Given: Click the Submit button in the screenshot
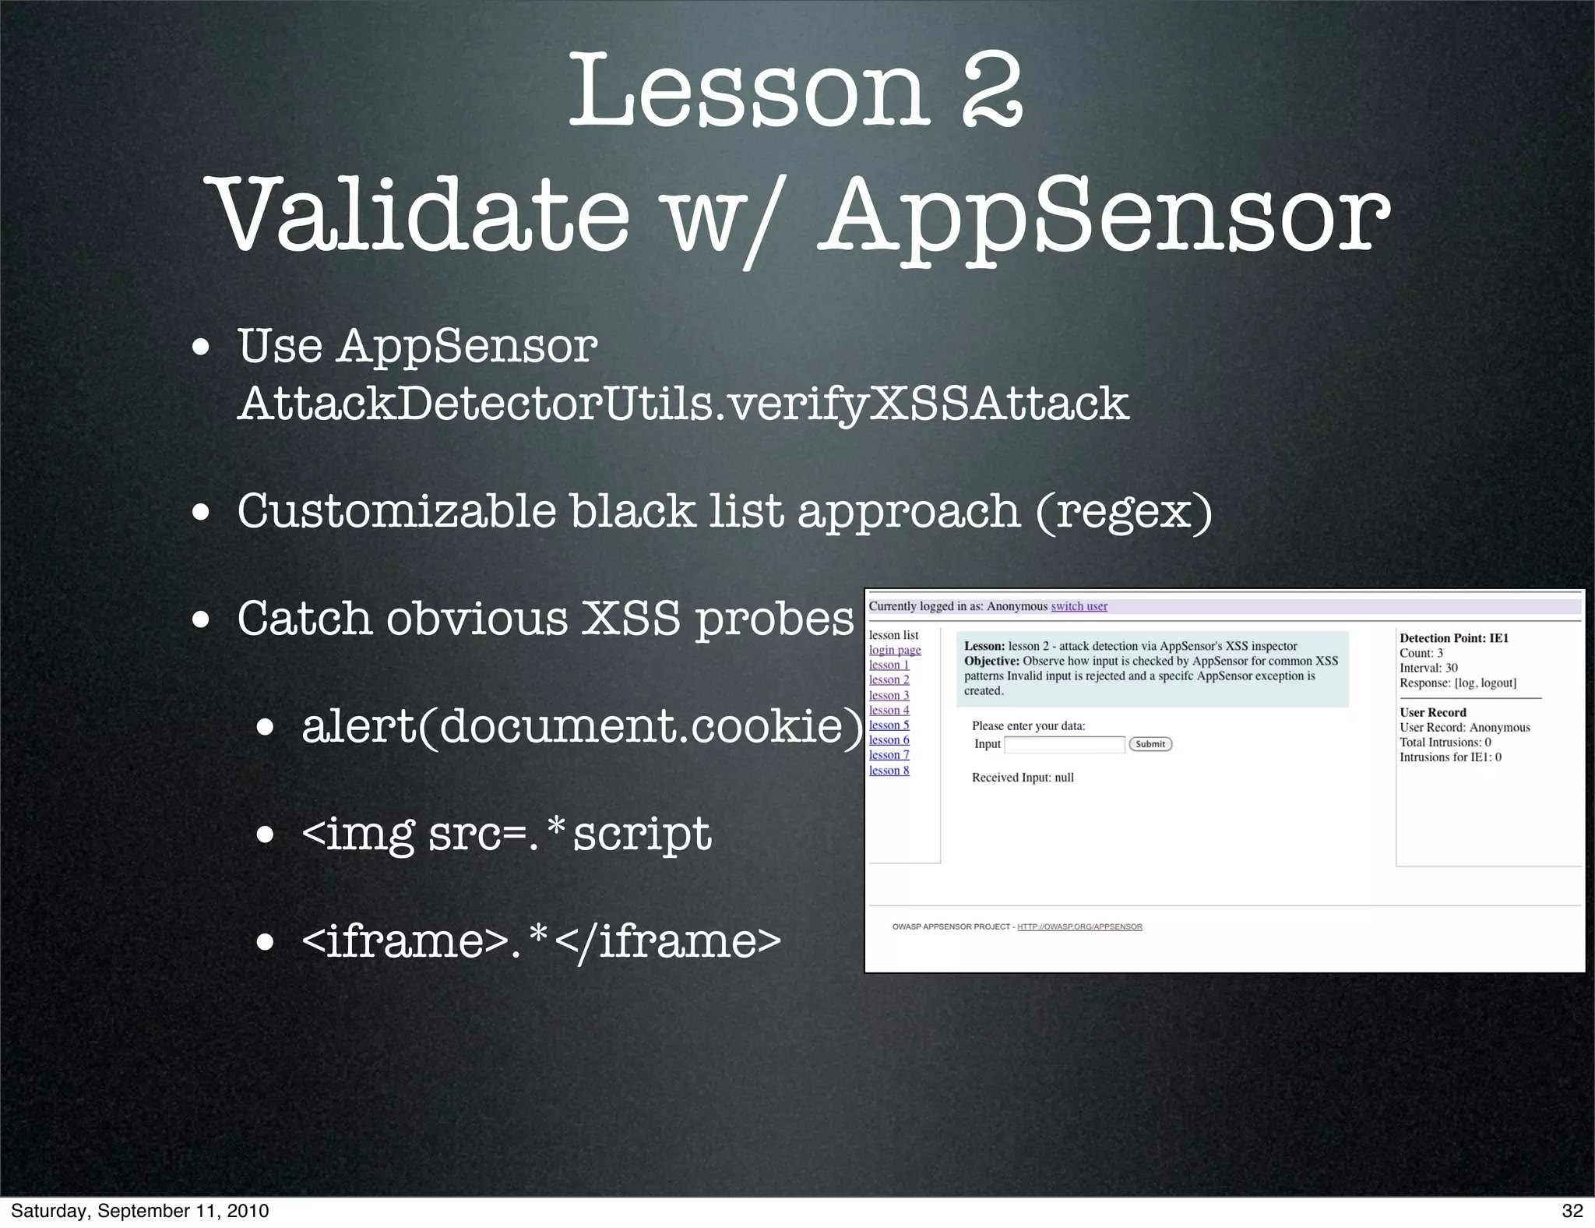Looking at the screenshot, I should (x=1150, y=744).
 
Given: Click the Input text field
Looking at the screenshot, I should (x=1065, y=744).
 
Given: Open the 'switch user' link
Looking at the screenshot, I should (x=1079, y=606).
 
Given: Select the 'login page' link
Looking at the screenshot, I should (x=895, y=650).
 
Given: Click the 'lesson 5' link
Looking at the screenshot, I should (x=889, y=725).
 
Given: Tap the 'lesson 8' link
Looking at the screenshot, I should (x=889, y=771).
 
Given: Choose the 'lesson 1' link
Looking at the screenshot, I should (x=889, y=665).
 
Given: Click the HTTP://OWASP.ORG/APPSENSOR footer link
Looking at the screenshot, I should (x=1079, y=926).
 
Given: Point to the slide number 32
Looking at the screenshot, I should (x=1572, y=1210).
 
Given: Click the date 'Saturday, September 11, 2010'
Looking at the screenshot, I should (x=140, y=1210).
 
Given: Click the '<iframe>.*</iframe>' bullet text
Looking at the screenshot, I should (x=540, y=940).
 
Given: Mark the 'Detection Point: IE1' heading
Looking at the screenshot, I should (x=1454, y=638).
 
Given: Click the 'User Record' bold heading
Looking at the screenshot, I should (x=1432, y=712).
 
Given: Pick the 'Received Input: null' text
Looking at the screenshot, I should (x=1023, y=778).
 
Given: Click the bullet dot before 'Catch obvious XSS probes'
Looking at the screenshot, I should (x=203, y=621).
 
